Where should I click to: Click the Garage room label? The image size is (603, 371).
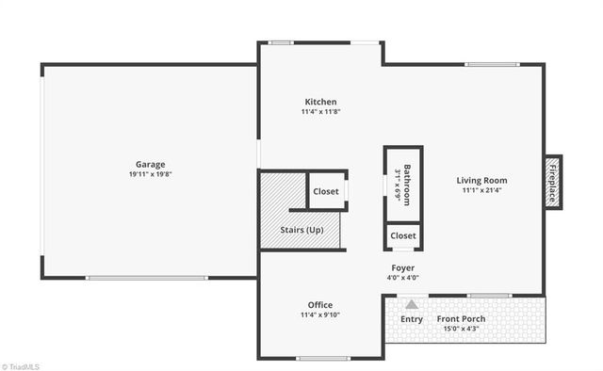click(x=150, y=164)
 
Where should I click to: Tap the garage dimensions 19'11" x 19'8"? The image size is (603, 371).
click(x=150, y=174)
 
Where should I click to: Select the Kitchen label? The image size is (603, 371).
click(x=320, y=102)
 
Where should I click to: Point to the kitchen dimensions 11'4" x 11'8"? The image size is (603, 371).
click(x=320, y=112)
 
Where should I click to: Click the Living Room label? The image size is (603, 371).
click(x=481, y=180)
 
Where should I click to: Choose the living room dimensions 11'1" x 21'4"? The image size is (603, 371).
click(x=481, y=190)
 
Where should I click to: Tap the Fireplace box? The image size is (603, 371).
click(x=553, y=182)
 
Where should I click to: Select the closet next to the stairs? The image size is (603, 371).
click(x=326, y=191)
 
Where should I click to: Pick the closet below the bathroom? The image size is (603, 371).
click(x=403, y=235)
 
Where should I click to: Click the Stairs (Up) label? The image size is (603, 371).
click(x=301, y=230)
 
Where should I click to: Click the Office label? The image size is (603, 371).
click(x=320, y=304)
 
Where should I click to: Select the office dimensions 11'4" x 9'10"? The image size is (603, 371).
click(x=320, y=315)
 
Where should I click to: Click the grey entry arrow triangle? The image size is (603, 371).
click(x=412, y=304)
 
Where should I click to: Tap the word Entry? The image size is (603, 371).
click(x=412, y=319)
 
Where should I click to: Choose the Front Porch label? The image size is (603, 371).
click(x=462, y=319)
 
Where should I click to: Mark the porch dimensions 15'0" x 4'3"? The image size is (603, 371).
click(x=462, y=330)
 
